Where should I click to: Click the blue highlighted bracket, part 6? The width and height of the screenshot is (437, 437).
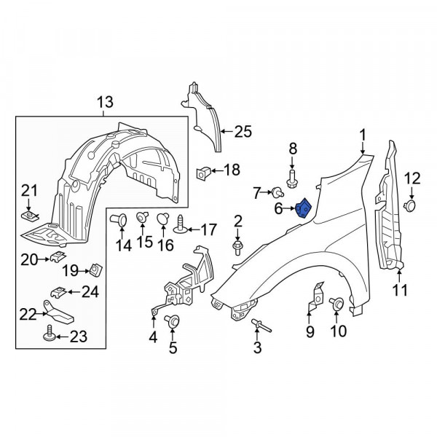[x=304, y=208]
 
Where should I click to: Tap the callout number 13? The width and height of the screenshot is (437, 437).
[x=106, y=102]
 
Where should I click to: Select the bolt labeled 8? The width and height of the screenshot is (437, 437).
[x=292, y=178]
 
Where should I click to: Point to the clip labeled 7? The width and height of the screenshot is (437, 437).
[x=277, y=192]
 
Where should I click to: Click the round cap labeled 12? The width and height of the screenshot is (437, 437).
[x=410, y=205]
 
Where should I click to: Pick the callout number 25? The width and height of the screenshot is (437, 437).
[x=243, y=132]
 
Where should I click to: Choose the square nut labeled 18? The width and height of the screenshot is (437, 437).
[x=203, y=173]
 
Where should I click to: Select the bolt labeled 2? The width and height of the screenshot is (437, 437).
[x=237, y=248]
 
